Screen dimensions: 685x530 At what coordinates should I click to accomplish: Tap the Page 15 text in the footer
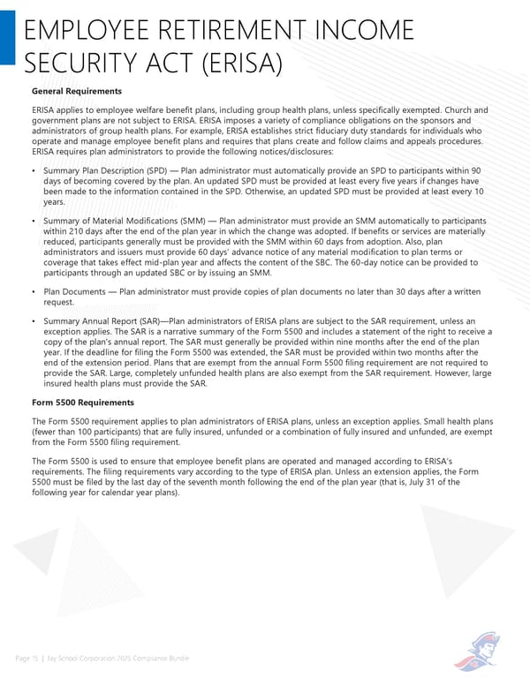pos(27,659)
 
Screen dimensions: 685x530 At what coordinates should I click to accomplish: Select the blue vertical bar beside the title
pos(7,32)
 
